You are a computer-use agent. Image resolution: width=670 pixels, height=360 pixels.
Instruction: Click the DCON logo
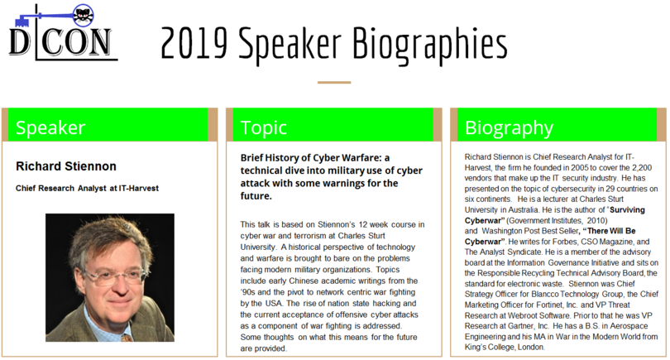point(63,32)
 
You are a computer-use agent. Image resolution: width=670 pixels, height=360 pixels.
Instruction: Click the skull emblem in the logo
point(83,16)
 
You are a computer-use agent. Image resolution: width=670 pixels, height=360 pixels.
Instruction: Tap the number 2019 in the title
point(194,43)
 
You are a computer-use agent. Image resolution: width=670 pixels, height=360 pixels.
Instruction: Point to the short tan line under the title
point(334,82)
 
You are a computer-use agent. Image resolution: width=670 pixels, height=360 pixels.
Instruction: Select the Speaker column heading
point(50,127)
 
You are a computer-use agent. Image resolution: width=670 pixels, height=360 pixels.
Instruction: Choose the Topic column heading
point(263,128)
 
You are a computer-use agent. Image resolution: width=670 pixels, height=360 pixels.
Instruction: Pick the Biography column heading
point(509,128)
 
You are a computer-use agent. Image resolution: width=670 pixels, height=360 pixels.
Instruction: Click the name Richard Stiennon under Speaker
point(66,166)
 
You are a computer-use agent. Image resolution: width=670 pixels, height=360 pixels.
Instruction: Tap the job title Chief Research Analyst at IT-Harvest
point(87,188)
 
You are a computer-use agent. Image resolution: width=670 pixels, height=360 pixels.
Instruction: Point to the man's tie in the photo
point(126,338)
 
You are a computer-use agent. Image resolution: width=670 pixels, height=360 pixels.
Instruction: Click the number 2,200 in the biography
point(642,168)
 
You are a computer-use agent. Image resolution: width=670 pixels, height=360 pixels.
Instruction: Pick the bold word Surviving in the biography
point(627,210)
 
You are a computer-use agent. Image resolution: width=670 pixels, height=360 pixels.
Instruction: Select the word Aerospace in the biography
point(629,326)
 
